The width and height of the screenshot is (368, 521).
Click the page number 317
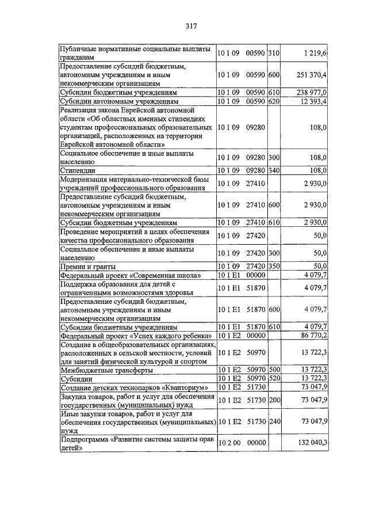pyautogui.click(x=191, y=26)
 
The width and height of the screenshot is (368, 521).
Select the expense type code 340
pyautogui.click(x=273, y=171)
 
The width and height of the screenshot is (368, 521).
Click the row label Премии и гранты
pyautogui.click(x=89, y=267)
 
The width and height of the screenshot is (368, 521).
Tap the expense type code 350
pyautogui.click(x=273, y=267)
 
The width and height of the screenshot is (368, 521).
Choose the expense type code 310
pyautogui.click(x=273, y=53)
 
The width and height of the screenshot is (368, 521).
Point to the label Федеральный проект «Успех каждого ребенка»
pyautogui.click(x=136, y=335)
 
